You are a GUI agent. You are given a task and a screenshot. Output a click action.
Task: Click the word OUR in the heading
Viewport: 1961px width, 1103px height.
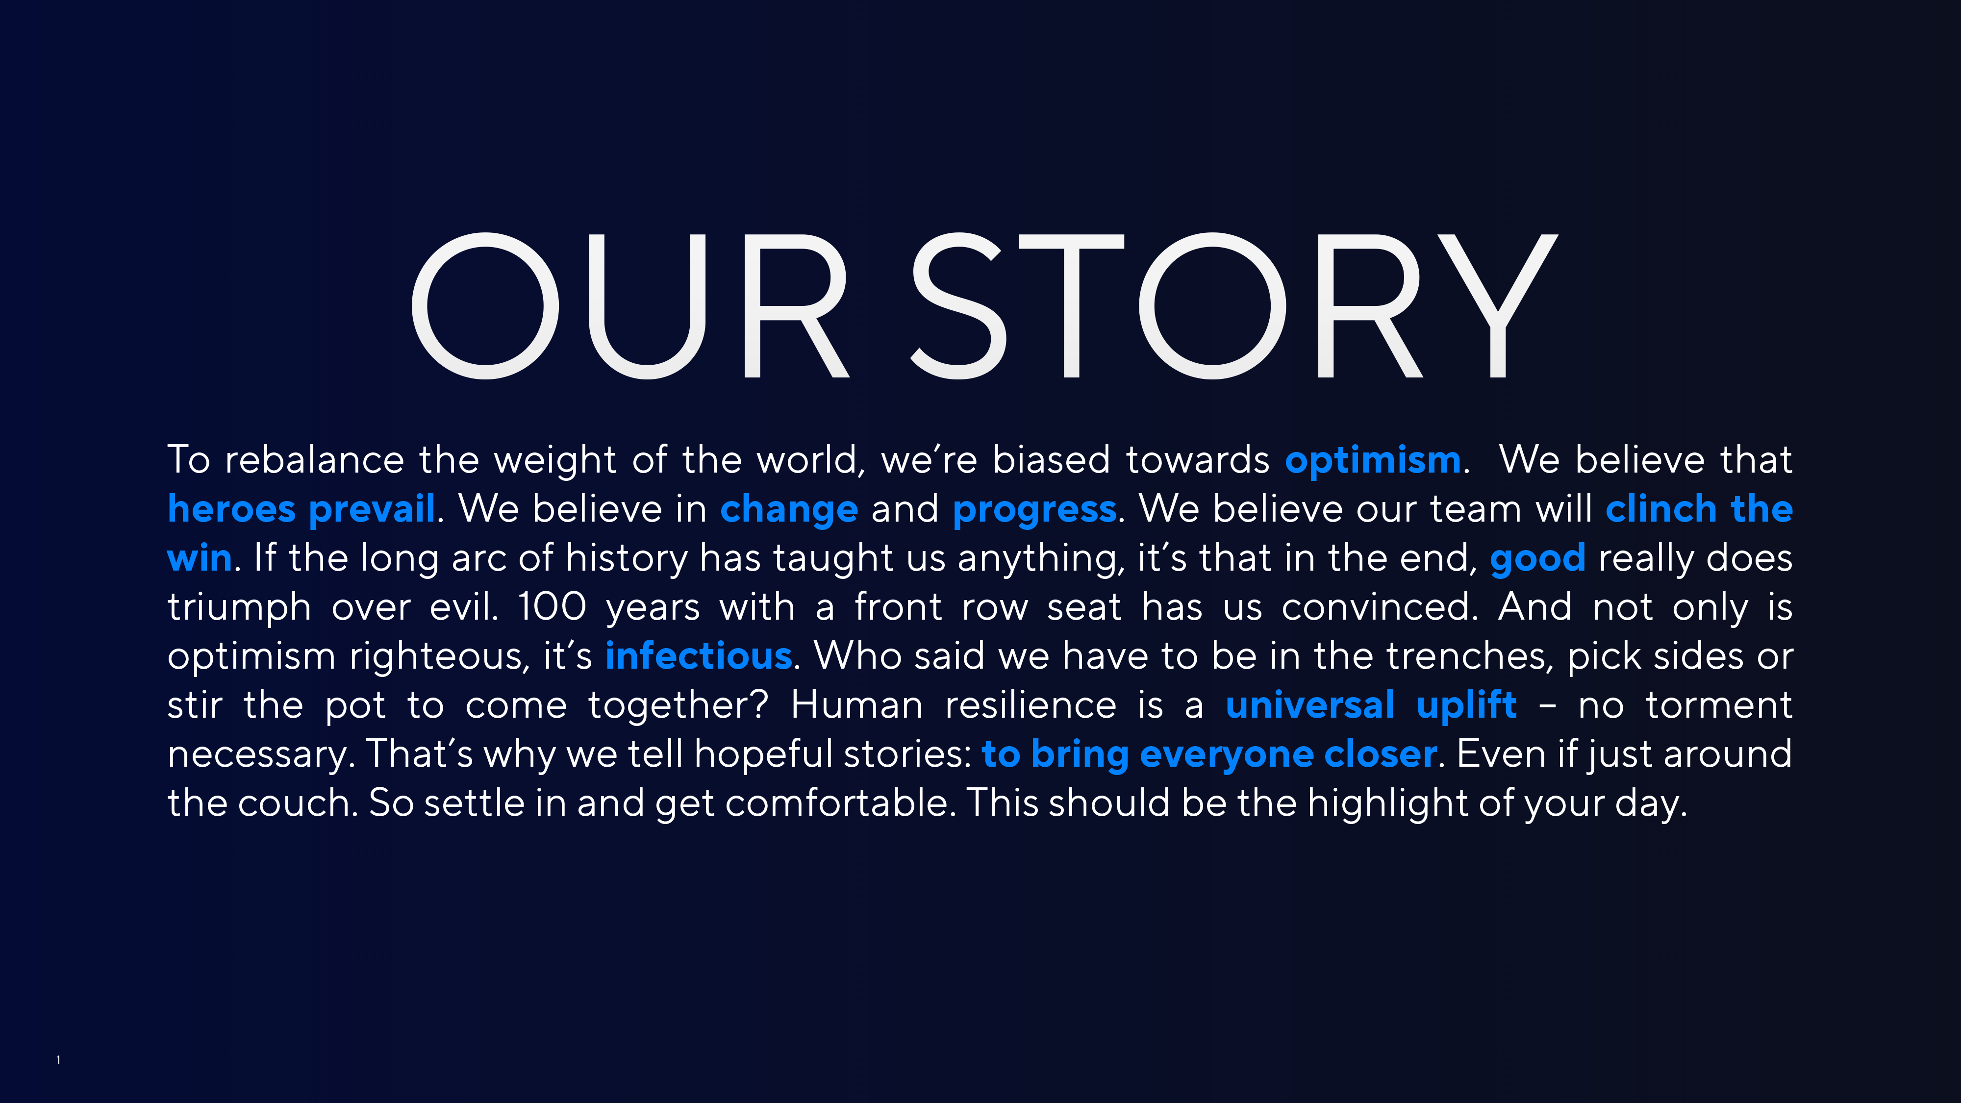(630, 306)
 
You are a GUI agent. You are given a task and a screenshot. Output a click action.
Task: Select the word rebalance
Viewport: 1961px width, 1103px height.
(314, 460)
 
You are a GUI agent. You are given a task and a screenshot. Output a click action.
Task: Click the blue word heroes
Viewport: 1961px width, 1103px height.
(231, 508)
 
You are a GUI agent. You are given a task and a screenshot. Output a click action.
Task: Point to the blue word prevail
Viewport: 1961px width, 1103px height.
(372, 508)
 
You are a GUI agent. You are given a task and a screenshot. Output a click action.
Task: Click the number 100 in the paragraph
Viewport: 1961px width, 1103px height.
(552, 607)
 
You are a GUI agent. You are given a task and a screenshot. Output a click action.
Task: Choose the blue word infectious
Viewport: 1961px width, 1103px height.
(698, 655)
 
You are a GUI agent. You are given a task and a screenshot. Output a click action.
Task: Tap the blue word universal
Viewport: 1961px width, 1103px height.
(1310, 705)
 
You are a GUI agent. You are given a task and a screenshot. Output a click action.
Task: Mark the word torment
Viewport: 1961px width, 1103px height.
(1719, 705)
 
